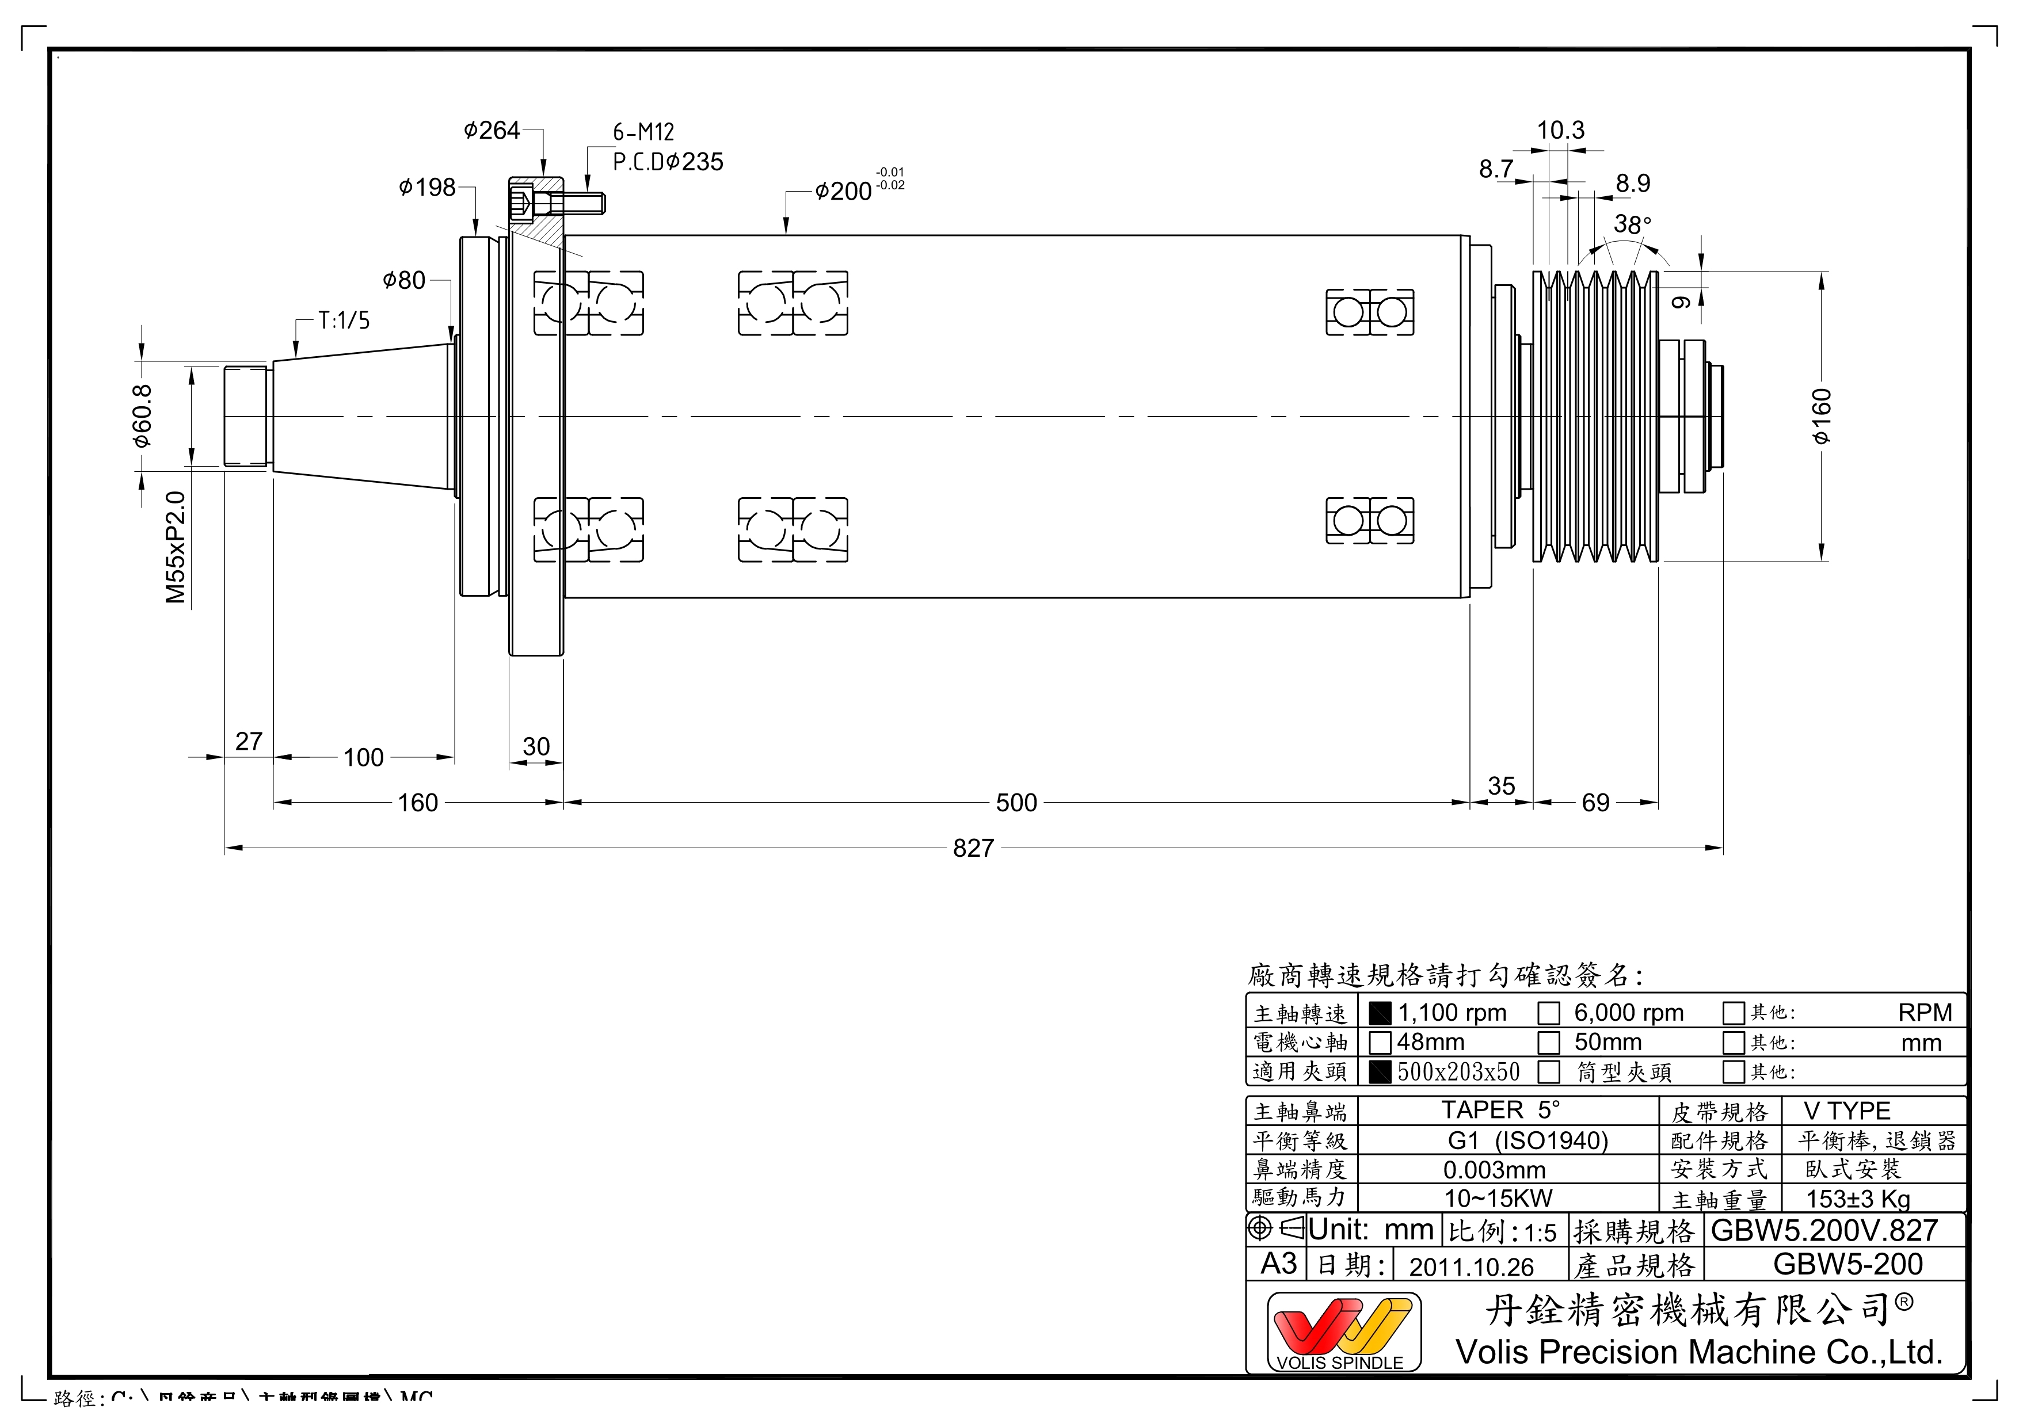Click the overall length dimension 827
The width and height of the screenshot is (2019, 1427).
973,849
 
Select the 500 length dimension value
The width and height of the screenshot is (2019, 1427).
1016,803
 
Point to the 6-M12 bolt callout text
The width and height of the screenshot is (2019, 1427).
643,133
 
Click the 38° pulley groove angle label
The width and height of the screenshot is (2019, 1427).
1632,225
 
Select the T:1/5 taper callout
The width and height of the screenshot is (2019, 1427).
344,321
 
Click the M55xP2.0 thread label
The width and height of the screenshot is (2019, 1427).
176,547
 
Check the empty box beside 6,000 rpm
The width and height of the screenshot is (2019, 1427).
1549,1014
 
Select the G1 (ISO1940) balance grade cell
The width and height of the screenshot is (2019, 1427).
1527,1141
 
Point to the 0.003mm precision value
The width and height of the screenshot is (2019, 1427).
1494,1170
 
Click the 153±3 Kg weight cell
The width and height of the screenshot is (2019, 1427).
1858,1199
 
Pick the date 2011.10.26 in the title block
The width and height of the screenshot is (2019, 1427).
1471,1267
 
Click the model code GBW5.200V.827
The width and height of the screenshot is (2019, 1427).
1824,1231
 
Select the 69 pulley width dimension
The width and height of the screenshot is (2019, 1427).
1595,803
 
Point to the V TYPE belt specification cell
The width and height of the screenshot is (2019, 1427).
1847,1111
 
